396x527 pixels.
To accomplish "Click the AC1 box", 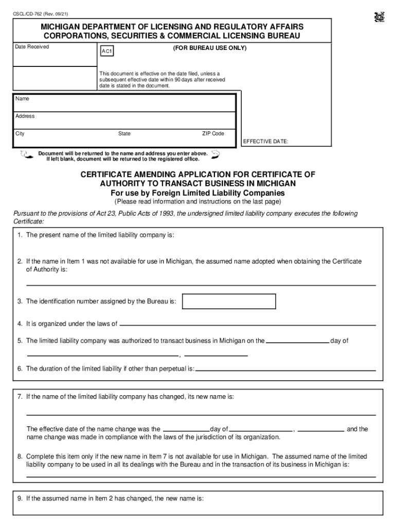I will pos(107,52).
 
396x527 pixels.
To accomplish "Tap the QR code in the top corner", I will pos(380,17).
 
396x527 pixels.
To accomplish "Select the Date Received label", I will pos(32,47).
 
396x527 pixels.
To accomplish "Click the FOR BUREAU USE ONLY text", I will pos(209,48).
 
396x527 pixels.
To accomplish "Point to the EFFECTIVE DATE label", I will pos(265,141).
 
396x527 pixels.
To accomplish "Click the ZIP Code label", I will pos(213,133).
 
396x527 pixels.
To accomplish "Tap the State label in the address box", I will pos(124,134).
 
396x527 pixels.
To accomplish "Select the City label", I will pos(20,134).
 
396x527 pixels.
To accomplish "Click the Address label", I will pos(25,116).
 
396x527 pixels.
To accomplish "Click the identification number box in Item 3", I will pos(229,301).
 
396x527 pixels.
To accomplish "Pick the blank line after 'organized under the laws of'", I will pos(247,325).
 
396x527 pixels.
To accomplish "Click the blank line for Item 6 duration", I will pos(285,370).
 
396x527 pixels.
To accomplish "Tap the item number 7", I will pos(20,397).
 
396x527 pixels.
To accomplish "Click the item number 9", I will pos(20,498).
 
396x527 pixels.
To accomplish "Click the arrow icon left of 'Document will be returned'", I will pos(24,155).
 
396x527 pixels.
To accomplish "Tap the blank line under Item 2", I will pos(201,284).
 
